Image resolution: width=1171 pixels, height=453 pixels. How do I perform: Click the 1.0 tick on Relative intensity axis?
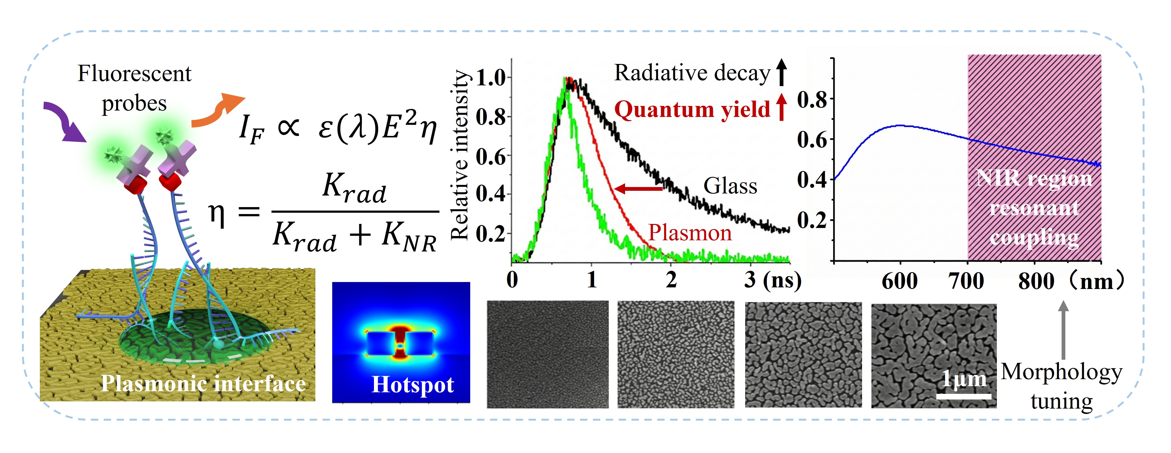pos(491,78)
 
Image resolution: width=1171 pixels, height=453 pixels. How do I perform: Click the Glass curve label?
pos(730,186)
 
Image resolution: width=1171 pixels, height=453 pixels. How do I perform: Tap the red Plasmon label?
pos(690,233)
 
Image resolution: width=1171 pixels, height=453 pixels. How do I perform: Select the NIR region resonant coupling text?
pos(1034,207)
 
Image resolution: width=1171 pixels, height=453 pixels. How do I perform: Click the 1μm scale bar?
pos(964,396)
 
